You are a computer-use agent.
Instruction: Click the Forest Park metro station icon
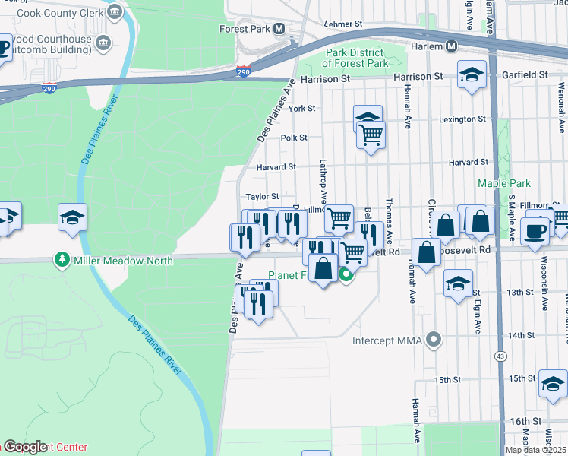point(279,30)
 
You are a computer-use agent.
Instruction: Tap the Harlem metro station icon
point(451,46)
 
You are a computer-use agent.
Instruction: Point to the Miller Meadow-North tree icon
point(62,260)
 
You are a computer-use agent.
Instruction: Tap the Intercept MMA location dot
point(434,339)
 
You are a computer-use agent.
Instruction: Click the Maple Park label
point(503,183)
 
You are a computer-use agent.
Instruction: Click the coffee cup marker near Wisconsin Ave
point(535,230)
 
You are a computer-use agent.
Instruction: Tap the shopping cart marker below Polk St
point(371,135)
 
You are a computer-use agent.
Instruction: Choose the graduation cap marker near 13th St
point(458,283)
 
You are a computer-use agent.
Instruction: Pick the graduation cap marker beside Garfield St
point(472,75)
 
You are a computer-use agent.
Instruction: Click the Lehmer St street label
point(339,24)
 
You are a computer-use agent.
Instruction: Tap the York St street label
point(301,109)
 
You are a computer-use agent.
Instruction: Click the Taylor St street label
point(262,196)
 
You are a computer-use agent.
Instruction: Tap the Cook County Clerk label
point(59,12)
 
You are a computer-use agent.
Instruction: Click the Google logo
point(26,447)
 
